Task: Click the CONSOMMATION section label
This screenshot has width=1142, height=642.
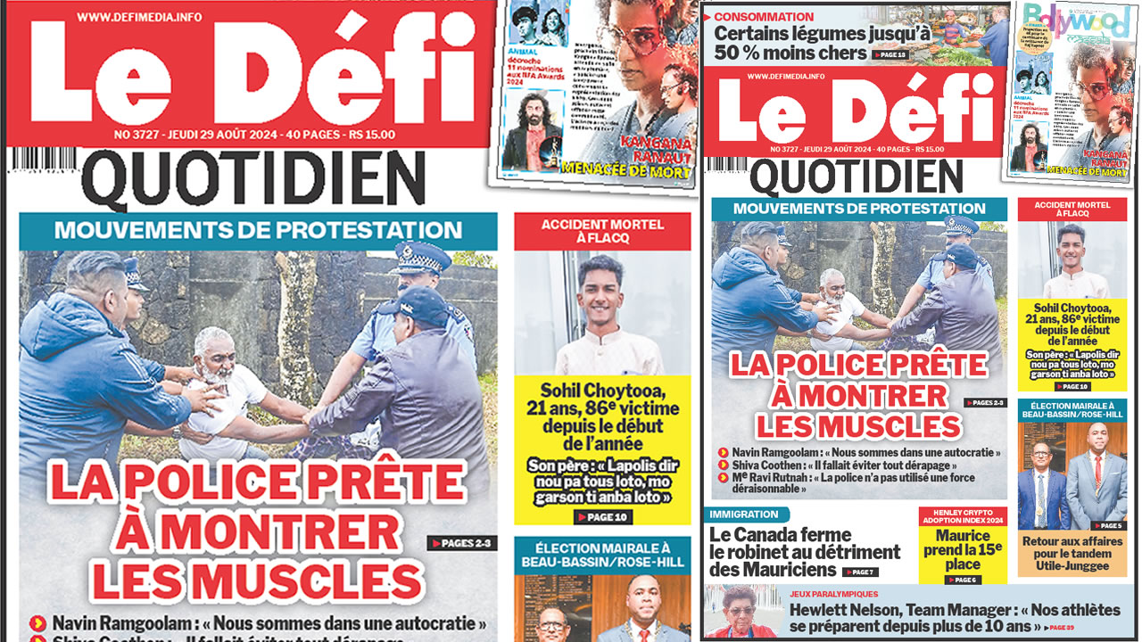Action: click(x=764, y=16)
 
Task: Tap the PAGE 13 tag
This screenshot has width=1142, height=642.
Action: click(x=890, y=55)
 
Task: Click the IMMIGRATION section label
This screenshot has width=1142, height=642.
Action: click(x=744, y=514)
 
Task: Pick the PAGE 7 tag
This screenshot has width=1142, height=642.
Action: click(x=860, y=572)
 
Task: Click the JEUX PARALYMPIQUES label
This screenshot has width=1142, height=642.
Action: click(x=833, y=594)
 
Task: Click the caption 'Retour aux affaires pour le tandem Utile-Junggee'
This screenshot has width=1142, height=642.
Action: click(x=1073, y=553)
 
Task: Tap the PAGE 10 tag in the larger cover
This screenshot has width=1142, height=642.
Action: click(x=603, y=517)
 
